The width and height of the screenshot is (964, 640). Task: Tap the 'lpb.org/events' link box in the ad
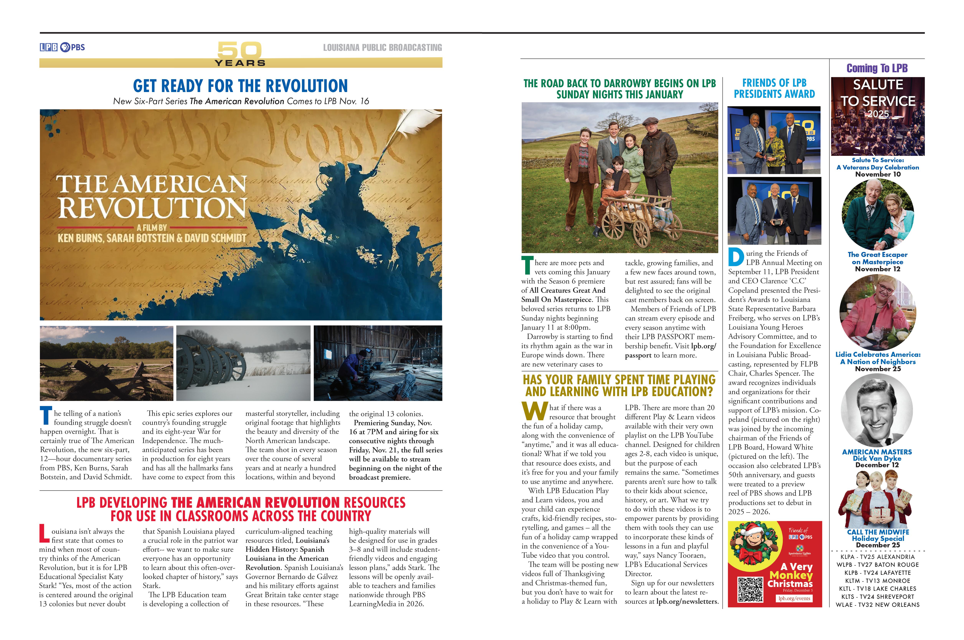point(794,598)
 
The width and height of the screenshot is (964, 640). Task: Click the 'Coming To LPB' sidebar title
point(877,68)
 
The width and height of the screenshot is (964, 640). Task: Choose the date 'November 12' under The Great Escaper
point(877,269)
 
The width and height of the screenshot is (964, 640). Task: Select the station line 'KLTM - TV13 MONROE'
point(877,580)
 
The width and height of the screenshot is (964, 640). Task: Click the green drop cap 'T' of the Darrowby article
point(527,265)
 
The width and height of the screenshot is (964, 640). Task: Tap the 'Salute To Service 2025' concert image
point(877,116)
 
